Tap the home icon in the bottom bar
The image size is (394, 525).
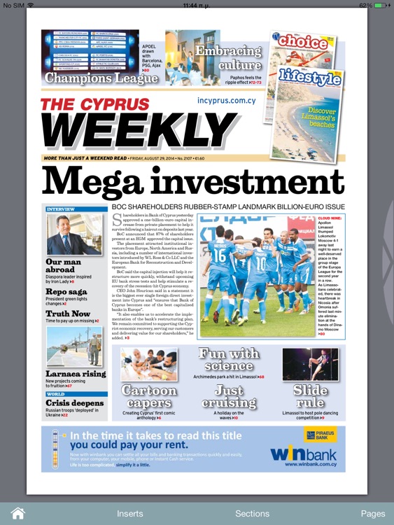pyautogui.click(x=17, y=513)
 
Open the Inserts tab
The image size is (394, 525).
pyautogui.click(x=130, y=513)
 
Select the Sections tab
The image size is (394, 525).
pyautogui.click(x=252, y=513)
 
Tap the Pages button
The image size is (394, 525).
pyautogui.click(x=372, y=513)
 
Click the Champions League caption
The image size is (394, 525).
pyautogui.click(x=101, y=78)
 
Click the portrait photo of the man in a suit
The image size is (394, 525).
pyautogui.click(x=73, y=234)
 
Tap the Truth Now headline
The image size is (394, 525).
pyautogui.click(x=68, y=314)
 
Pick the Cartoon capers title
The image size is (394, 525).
pyautogui.click(x=148, y=397)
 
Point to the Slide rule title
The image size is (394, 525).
pyautogui.click(x=310, y=397)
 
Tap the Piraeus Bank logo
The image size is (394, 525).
pyautogui.click(x=321, y=435)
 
